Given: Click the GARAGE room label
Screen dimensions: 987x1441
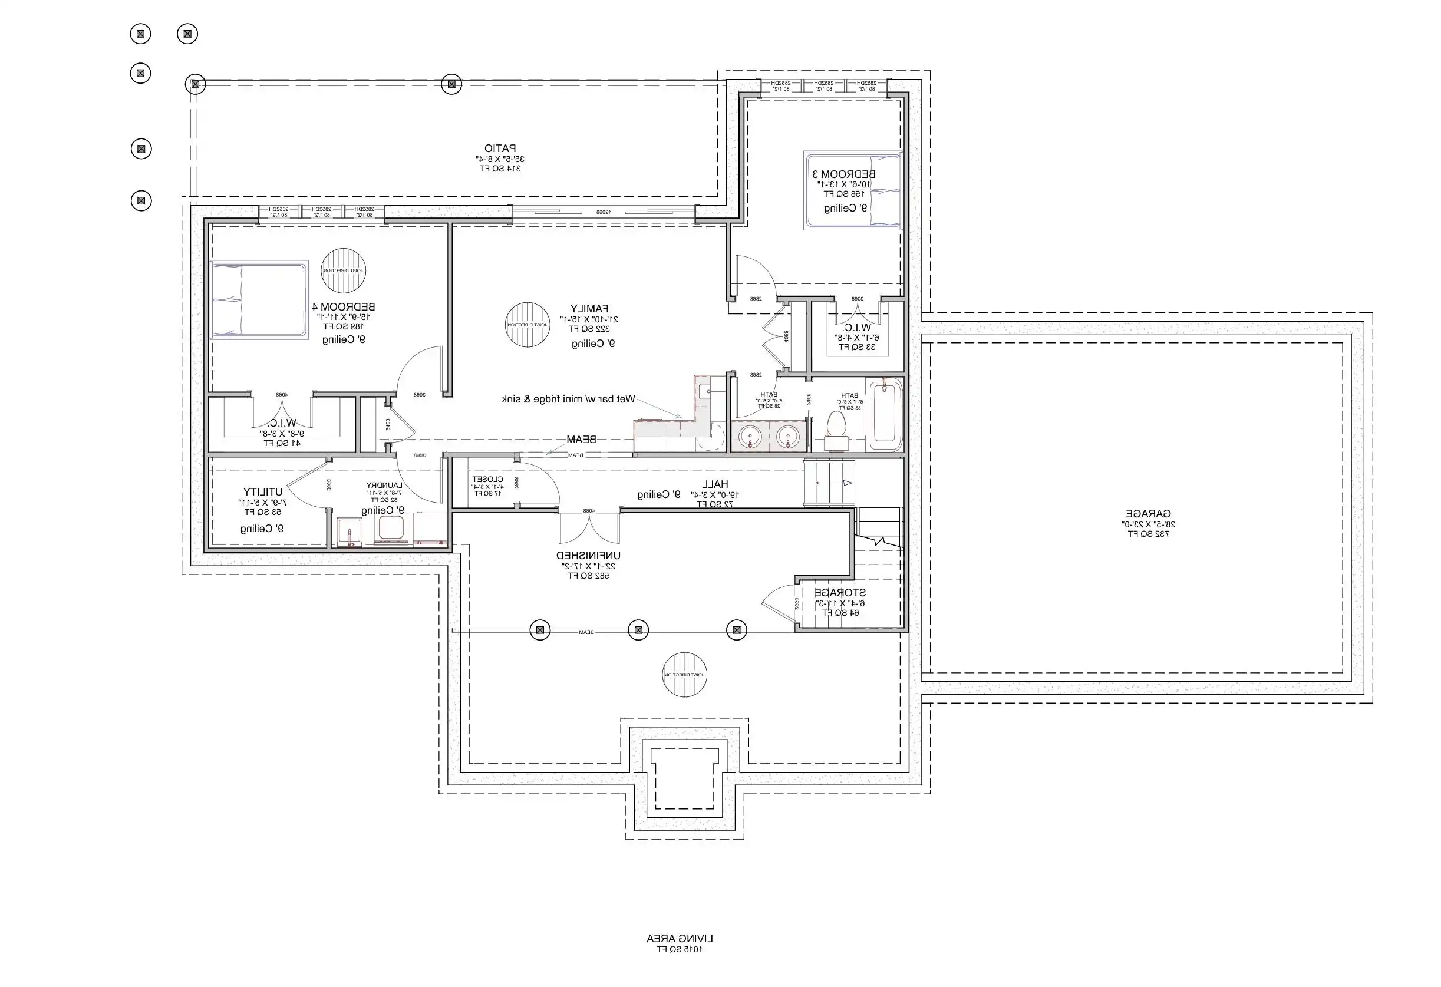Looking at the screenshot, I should click(1147, 514).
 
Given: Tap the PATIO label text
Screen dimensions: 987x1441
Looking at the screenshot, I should click(500, 149).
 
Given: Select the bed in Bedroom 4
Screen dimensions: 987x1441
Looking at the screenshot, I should click(259, 299).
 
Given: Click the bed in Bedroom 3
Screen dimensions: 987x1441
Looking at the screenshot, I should click(853, 190).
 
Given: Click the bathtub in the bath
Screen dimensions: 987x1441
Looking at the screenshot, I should click(884, 415).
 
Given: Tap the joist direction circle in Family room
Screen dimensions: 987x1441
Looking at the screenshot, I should click(527, 325).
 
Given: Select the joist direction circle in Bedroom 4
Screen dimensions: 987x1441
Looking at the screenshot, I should click(343, 271).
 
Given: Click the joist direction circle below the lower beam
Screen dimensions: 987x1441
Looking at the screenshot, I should click(684, 675).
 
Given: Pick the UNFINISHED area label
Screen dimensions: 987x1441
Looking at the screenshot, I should click(588, 556).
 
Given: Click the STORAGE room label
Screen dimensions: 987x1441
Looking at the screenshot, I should click(839, 593).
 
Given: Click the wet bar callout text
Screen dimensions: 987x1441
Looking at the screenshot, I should click(568, 400).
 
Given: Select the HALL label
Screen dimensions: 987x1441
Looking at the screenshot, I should click(715, 484).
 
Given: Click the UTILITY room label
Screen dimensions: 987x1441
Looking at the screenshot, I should click(262, 491).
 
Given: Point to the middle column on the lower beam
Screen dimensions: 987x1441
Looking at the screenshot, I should click(638, 631).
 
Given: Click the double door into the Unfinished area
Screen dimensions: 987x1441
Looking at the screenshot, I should click(589, 527).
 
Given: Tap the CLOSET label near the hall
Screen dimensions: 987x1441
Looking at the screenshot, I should click(487, 479).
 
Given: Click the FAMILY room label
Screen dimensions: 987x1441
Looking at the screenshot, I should click(589, 308).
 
